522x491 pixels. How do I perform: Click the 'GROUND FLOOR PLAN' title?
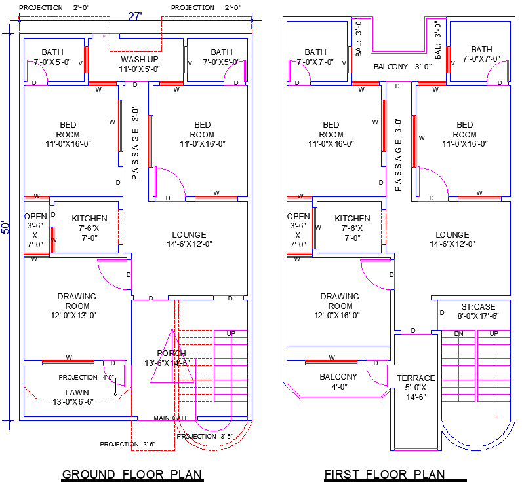click(x=132, y=474)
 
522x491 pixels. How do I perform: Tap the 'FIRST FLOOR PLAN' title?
click(x=384, y=474)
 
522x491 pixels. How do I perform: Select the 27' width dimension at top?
click(x=135, y=16)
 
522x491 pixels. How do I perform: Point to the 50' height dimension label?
click(x=7, y=227)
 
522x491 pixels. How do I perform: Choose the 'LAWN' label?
click(x=77, y=392)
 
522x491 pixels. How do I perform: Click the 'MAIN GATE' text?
click(x=171, y=418)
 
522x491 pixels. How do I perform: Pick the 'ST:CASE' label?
click(x=478, y=306)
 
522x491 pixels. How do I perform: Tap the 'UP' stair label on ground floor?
click(x=231, y=333)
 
